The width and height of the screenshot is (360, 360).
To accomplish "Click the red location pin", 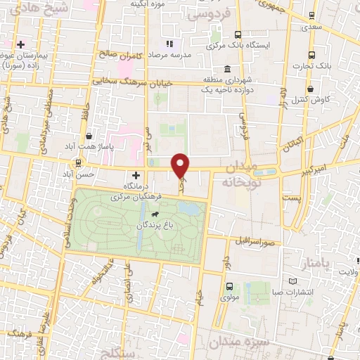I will pos(181,165).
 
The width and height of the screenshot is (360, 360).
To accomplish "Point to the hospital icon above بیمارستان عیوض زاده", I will pos(22,44).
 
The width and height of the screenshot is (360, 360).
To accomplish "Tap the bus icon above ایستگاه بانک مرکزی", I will pos(238,34).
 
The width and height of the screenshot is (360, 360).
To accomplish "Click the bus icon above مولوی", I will pos(230,287).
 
